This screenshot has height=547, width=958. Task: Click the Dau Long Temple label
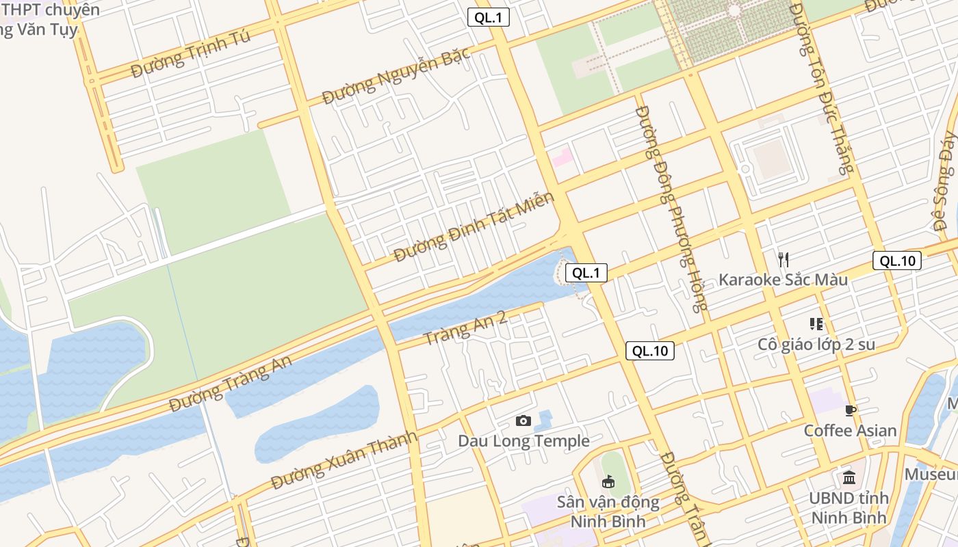523,441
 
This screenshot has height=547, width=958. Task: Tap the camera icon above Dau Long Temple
523,421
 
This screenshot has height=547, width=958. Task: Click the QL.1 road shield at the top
489,18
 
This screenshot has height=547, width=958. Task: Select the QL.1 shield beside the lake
586,273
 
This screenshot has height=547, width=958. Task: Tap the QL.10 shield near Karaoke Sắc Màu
897,261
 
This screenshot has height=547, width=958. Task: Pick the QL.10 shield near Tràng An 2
649,351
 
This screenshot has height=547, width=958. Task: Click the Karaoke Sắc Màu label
783,280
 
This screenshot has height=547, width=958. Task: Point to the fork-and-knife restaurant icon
784,259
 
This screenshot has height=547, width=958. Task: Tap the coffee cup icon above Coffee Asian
851,410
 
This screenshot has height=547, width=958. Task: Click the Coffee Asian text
850,431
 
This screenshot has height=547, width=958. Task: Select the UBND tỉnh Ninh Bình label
849,507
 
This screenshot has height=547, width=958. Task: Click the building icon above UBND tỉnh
849,477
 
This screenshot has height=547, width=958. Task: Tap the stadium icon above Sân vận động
608,482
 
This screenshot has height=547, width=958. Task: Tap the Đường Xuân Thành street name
344,460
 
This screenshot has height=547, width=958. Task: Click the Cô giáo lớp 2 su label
816,344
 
